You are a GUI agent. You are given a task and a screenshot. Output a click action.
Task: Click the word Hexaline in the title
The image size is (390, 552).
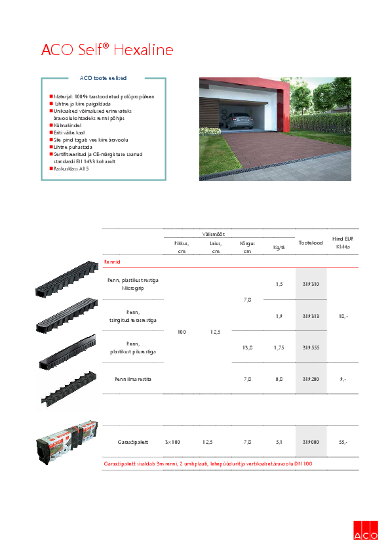144,50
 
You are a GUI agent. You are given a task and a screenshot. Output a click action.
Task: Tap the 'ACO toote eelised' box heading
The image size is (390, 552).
103,78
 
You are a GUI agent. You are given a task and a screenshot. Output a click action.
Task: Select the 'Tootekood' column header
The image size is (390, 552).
310,243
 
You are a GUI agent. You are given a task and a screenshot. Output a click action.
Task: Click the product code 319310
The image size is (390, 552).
310,284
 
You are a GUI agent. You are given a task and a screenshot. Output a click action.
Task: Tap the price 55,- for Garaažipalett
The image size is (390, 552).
343,443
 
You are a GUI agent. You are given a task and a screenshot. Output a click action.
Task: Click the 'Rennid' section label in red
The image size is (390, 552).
112,262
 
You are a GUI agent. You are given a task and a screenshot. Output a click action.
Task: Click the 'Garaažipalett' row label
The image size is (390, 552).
132,443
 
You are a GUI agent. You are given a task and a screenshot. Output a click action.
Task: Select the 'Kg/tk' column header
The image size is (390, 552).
279,248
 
